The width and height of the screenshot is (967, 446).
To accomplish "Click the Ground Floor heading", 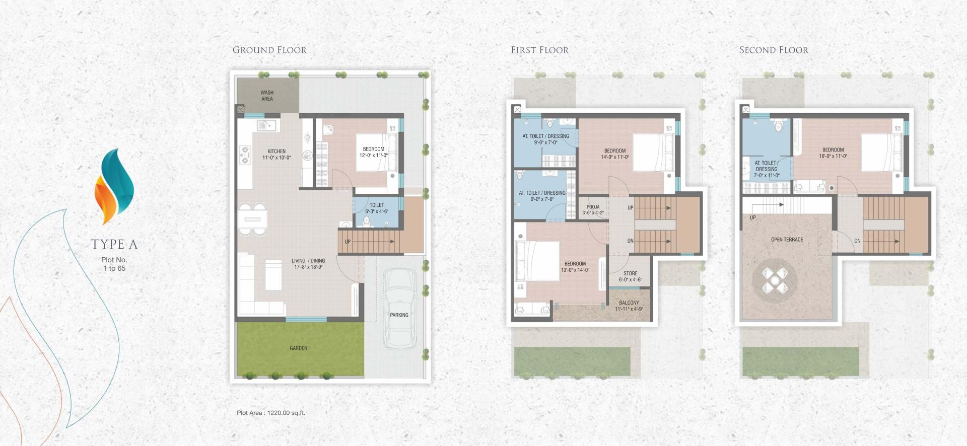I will tap(269, 50).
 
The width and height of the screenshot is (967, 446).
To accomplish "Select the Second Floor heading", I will tap(774, 50).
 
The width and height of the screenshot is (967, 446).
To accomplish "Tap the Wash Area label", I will tap(267, 96).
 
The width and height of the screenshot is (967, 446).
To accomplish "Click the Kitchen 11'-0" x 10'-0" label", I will tap(277, 155).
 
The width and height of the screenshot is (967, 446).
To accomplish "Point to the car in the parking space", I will tap(400, 309).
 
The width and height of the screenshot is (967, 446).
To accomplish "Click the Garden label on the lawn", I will tap(298, 348).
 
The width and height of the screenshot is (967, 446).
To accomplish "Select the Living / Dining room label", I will tap(308, 264).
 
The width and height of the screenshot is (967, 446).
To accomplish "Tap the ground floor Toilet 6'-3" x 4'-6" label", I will tap(377, 208).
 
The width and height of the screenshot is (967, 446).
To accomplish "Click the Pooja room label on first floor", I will tap(593, 210).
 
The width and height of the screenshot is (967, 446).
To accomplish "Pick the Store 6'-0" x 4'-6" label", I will tap(630, 276).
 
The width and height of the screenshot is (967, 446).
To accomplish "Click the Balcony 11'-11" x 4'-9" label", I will tap(629, 306).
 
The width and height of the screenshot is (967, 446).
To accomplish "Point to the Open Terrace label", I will tap(787, 240).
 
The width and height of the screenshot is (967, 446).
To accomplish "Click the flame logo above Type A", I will tap(114, 186).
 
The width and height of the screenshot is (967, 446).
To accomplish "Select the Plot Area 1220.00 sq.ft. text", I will tap(271, 413).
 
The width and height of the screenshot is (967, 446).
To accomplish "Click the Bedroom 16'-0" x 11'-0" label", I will tap(833, 153).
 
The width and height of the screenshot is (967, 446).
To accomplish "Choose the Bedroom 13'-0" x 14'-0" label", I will tap(575, 267).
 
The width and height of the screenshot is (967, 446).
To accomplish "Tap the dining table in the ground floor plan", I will tap(252, 219).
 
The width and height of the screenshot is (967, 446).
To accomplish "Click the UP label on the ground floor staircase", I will tap(348, 242).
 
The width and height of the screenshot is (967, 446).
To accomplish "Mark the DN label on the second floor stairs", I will tap(857, 241).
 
